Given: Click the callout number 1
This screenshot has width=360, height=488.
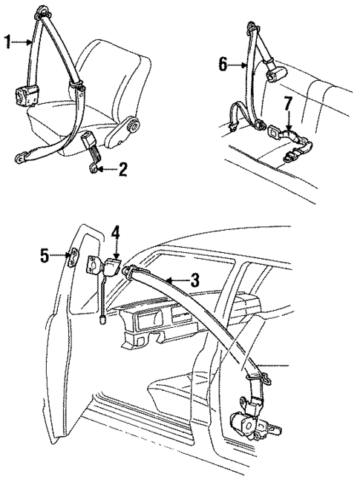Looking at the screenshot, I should [x=8, y=42].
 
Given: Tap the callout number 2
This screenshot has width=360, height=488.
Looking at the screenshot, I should [x=123, y=171].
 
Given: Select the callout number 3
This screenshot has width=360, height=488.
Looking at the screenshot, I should [x=195, y=280].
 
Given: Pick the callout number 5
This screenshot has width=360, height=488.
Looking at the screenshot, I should [x=45, y=257].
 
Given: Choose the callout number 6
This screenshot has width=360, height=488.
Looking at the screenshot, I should [x=223, y=65].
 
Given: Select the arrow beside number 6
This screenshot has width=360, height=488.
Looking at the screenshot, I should [x=238, y=65].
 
